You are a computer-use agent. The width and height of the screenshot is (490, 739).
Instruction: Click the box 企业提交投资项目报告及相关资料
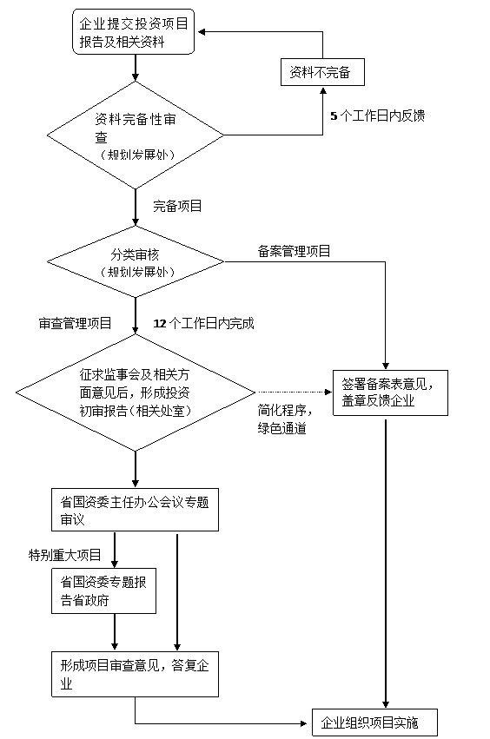[134, 31]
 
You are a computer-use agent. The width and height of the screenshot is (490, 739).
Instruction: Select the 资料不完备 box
[322, 72]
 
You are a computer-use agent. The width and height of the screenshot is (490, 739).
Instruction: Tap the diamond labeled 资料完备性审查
[136, 135]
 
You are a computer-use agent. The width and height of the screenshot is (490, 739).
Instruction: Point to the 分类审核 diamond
[136, 261]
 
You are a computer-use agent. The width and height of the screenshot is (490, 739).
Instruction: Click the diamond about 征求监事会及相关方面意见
[136, 393]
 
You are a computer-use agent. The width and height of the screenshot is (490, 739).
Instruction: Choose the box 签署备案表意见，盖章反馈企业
[390, 393]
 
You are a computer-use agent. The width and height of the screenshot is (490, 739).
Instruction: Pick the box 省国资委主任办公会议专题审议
[135, 510]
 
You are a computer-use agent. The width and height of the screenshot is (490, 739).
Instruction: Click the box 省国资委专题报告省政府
[103, 591]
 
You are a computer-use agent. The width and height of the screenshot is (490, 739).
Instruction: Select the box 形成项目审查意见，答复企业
[135, 674]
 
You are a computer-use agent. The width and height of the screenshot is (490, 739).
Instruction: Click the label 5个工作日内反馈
[378, 115]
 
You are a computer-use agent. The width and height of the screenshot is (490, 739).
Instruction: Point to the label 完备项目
[177, 206]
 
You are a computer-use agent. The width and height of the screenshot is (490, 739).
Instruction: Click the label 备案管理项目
[294, 251]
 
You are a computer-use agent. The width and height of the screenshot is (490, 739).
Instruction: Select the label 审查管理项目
[75, 323]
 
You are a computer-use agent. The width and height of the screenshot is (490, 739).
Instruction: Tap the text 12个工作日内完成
[204, 323]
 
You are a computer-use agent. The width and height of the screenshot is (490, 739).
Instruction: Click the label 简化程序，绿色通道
[285, 419]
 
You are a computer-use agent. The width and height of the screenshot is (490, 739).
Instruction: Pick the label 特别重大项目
[65, 555]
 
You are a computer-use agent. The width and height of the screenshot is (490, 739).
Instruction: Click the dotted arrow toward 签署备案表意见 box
[295, 393]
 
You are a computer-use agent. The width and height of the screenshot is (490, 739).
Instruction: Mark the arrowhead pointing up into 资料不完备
[323, 90]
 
